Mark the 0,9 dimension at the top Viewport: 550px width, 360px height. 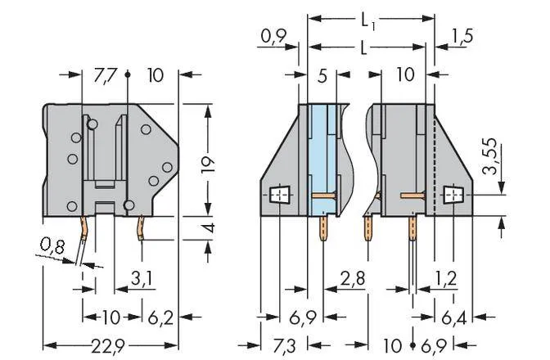click(273, 36)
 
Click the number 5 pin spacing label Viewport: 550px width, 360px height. click(322, 76)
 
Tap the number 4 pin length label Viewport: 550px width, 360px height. click(209, 227)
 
